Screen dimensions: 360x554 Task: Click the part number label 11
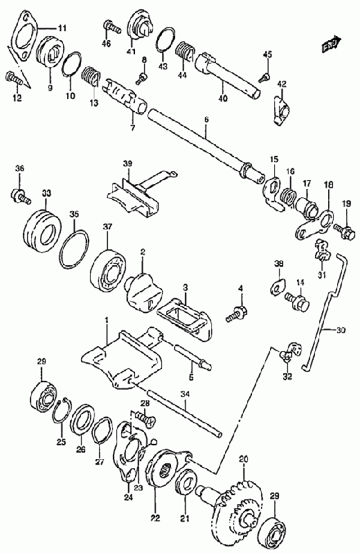(x=62, y=28)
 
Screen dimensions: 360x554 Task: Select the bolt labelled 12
(x=14, y=78)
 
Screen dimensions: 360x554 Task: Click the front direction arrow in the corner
(x=331, y=44)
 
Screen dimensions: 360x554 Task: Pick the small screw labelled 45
(x=264, y=76)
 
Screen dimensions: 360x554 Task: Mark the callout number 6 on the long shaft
(x=206, y=119)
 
